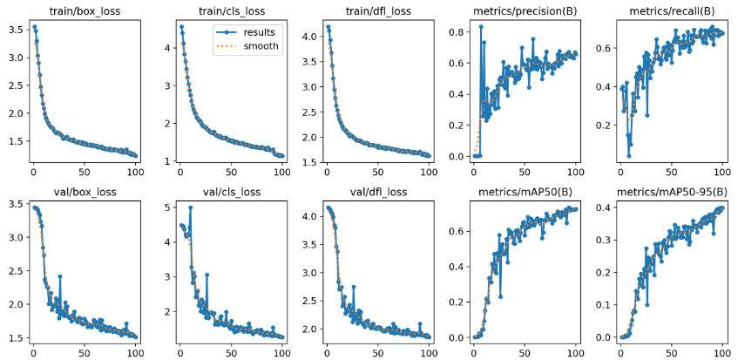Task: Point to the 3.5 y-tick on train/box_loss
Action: click(x=16, y=30)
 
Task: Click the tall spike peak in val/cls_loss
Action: click(x=190, y=207)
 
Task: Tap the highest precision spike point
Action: click(x=481, y=27)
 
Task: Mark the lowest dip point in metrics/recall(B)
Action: click(x=628, y=156)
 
